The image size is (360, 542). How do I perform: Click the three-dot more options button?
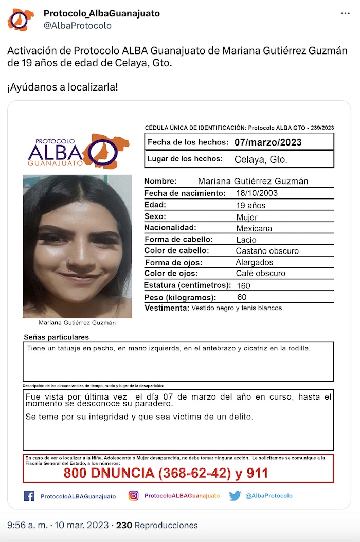point(345,13)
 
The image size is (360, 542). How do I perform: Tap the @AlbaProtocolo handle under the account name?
point(77,25)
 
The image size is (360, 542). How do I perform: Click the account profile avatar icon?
point(21,20)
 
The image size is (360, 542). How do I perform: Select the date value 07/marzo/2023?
point(267,142)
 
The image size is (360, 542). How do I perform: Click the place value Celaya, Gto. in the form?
point(261,159)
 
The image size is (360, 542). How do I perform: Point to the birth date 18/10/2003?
point(257,193)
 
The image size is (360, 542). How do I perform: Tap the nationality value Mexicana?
point(254,228)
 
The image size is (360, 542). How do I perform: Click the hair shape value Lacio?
point(246,240)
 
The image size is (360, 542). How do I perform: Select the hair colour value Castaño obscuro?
point(267,251)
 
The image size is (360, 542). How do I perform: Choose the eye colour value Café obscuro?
point(260,273)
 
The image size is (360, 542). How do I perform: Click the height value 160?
point(243,285)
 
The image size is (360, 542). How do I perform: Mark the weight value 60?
point(242,297)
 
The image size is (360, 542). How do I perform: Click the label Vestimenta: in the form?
point(167,308)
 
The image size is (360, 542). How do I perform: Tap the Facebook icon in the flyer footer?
point(29,496)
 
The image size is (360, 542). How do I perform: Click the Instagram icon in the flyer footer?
point(134,496)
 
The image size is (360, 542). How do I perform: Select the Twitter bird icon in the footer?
point(235,496)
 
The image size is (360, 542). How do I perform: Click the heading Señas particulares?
point(57,337)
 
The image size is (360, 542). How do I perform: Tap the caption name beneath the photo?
point(77,323)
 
